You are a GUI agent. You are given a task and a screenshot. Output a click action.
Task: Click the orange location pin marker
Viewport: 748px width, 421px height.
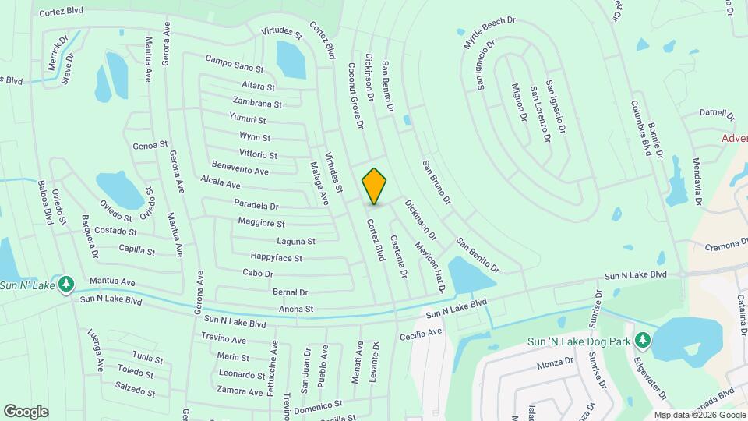(375, 186)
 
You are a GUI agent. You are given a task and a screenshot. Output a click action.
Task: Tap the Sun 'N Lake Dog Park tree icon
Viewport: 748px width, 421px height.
(642, 340)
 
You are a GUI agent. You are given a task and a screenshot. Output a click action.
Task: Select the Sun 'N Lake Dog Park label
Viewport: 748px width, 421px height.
(578, 341)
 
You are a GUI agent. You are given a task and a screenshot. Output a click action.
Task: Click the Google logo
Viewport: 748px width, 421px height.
(26, 411)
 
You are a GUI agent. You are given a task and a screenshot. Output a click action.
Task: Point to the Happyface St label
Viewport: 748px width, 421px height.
(276, 256)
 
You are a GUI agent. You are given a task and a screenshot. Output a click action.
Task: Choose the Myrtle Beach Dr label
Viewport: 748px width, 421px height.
(489, 34)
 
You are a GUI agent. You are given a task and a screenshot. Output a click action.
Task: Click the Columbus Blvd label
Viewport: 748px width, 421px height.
(640, 128)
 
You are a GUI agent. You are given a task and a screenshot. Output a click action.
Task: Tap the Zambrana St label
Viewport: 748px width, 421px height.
(256, 102)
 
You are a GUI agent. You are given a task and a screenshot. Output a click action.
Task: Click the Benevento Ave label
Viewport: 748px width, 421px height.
(240, 169)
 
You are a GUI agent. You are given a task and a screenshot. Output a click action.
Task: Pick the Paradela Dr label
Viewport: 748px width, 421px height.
(256, 206)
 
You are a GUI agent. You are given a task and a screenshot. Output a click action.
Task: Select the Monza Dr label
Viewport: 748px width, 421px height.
(555, 363)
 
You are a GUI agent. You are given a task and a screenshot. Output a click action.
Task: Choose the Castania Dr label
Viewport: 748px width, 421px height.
(398, 256)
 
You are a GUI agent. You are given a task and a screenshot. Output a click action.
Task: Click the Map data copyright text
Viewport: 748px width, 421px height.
(699, 415)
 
